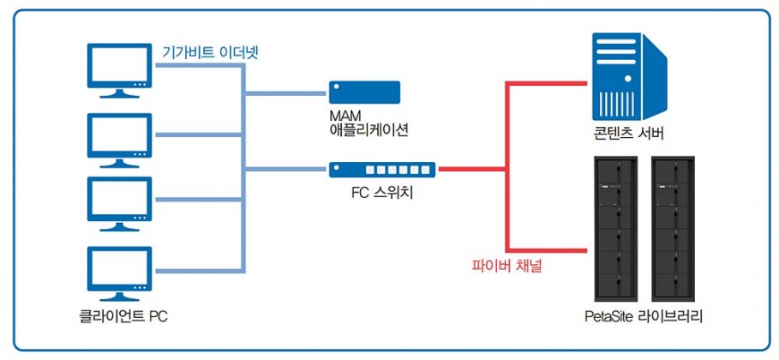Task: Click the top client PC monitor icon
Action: [x=119, y=70]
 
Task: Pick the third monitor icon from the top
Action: [x=119, y=204]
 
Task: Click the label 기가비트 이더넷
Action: [x=210, y=52]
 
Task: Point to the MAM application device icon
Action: [x=364, y=93]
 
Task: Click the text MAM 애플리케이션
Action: [x=369, y=123]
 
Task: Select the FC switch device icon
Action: [x=382, y=170]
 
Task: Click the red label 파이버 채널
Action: [x=506, y=267]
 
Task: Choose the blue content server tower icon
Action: [x=629, y=76]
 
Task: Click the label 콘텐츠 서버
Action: [x=628, y=134]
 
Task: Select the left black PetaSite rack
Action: [x=616, y=229]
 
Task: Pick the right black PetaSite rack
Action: [x=673, y=229]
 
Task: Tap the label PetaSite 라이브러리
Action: [x=644, y=317]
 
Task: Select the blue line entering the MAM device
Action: [x=285, y=93]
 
